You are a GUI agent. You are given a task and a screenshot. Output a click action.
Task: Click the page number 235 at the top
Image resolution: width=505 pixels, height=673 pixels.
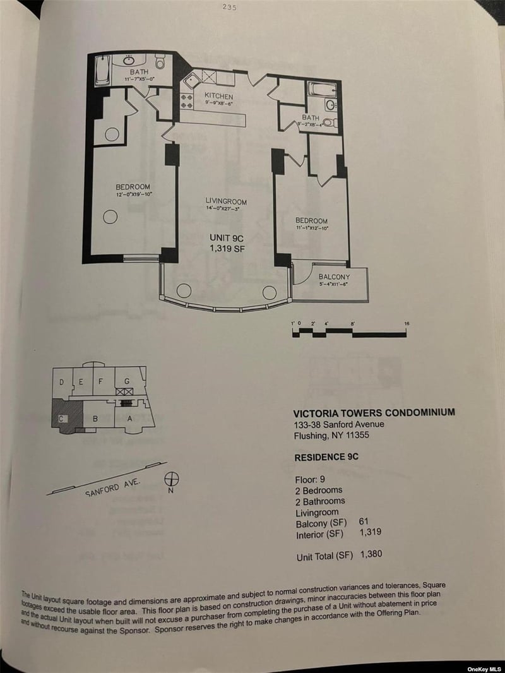click(229, 8)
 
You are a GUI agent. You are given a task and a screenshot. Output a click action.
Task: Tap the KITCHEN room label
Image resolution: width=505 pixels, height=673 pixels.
click(218, 96)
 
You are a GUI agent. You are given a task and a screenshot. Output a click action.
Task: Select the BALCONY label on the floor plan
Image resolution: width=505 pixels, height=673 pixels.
click(334, 277)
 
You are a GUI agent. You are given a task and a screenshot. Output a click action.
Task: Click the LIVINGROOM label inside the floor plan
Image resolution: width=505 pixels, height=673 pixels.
click(226, 201)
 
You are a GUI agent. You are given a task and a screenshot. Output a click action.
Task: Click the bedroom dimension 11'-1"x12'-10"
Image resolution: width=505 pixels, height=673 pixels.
click(312, 228)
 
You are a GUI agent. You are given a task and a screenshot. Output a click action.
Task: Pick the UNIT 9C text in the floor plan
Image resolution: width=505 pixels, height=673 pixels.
click(226, 238)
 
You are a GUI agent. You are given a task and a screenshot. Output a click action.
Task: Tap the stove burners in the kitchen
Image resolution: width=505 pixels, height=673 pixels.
click(187, 101)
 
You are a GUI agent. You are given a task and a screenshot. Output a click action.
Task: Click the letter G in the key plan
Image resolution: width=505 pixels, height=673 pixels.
click(127, 381)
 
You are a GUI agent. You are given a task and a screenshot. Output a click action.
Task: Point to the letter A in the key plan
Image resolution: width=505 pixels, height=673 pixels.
click(129, 418)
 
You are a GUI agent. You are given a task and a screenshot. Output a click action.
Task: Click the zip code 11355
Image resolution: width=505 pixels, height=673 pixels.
click(371, 436)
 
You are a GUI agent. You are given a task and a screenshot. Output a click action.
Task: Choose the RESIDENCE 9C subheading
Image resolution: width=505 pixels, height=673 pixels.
click(326, 456)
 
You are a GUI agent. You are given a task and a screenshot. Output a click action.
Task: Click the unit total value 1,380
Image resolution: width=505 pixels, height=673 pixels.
click(371, 555)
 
